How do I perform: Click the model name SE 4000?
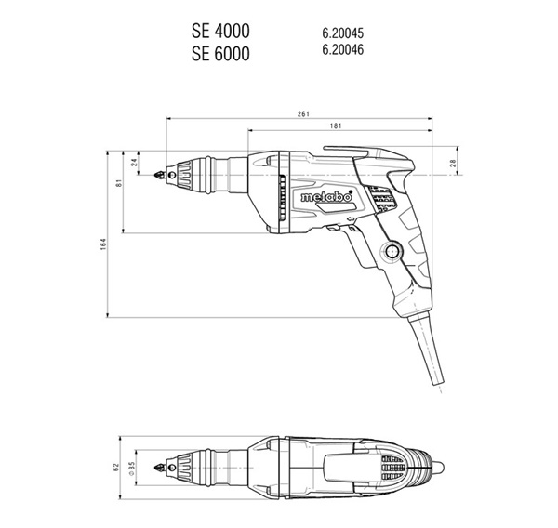[220, 31]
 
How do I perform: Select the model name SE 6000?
[220, 54]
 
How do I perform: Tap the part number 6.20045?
[343, 33]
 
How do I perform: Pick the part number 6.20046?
[343, 49]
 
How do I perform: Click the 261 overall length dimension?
[303, 113]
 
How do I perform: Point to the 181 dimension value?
[336, 125]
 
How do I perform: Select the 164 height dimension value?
[103, 244]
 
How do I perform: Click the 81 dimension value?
[119, 183]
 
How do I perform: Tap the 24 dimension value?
[134, 163]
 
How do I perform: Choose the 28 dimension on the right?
[453, 163]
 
